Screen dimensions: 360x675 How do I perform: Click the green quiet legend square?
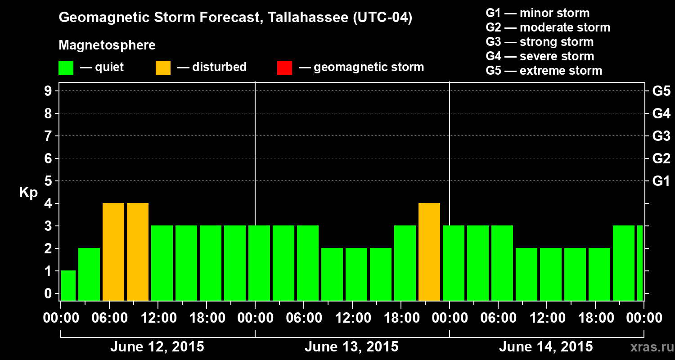(x=66, y=67)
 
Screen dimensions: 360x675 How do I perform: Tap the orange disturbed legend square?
(x=163, y=67)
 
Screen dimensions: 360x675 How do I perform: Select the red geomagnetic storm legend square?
(x=284, y=67)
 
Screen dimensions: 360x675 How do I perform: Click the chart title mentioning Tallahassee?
(x=235, y=18)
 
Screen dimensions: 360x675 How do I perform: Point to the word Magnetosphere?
(x=107, y=45)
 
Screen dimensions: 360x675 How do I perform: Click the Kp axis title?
(x=28, y=193)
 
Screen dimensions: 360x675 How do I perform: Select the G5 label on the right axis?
(x=661, y=91)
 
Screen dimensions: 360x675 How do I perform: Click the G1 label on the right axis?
(x=661, y=181)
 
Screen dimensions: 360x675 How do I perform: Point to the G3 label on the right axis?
(x=661, y=136)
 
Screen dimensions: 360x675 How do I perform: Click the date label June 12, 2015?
(x=157, y=347)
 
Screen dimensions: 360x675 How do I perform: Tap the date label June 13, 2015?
(x=351, y=347)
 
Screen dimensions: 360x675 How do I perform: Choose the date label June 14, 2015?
(x=546, y=347)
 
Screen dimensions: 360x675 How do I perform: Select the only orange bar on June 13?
(x=429, y=252)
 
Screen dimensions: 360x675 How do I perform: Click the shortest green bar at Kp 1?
(x=68, y=286)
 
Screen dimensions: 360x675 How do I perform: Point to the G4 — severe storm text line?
(x=540, y=56)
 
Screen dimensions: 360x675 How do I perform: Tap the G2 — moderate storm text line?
(x=548, y=27)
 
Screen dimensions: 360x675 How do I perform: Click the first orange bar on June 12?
(x=113, y=252)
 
